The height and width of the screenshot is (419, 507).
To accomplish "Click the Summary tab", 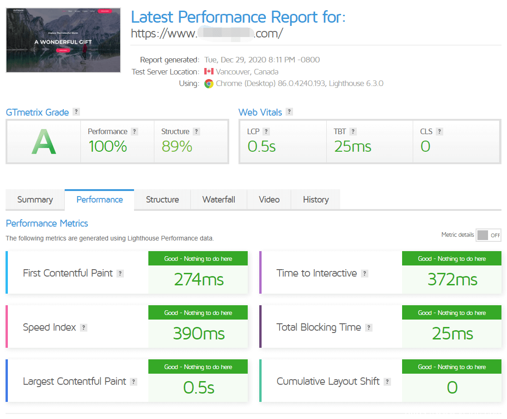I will (x=35, y=200).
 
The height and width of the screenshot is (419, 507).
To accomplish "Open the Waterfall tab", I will (x=219, y=200).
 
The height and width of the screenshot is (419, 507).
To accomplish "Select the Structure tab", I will (x=162, y=200).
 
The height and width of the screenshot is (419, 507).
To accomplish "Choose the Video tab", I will (x=269, y=200).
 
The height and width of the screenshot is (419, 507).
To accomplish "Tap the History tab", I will (x=316, y=200).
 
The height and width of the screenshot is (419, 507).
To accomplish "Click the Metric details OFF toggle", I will (x=489, y=235).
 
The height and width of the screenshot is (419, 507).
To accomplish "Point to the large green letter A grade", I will (x=43, y=142).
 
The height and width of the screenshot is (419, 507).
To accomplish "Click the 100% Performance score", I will (x=108, y=147).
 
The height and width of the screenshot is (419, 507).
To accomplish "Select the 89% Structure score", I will (x=177, y=147).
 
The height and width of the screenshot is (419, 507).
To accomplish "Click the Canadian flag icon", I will (x=209, y=72).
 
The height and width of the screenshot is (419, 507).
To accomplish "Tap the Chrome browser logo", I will (x=209, y=84).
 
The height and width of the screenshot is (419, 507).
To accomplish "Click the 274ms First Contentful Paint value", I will (x=199, y=279).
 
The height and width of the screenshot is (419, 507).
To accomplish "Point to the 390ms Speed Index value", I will (x=199, y=333).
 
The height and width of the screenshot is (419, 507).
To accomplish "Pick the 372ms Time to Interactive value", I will (x=452, y=279).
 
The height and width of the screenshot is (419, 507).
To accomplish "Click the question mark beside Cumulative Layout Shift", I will (x=387, y=382).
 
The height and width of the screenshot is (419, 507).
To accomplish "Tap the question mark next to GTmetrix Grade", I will (x=76, y=112).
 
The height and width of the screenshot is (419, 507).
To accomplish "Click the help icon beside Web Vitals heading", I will (x=289, y=112).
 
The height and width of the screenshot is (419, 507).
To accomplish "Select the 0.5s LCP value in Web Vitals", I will (x=262, y=147).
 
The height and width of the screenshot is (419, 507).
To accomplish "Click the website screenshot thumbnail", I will (x=63, y=40).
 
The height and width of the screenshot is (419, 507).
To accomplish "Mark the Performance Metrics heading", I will (x=47, y=223).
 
